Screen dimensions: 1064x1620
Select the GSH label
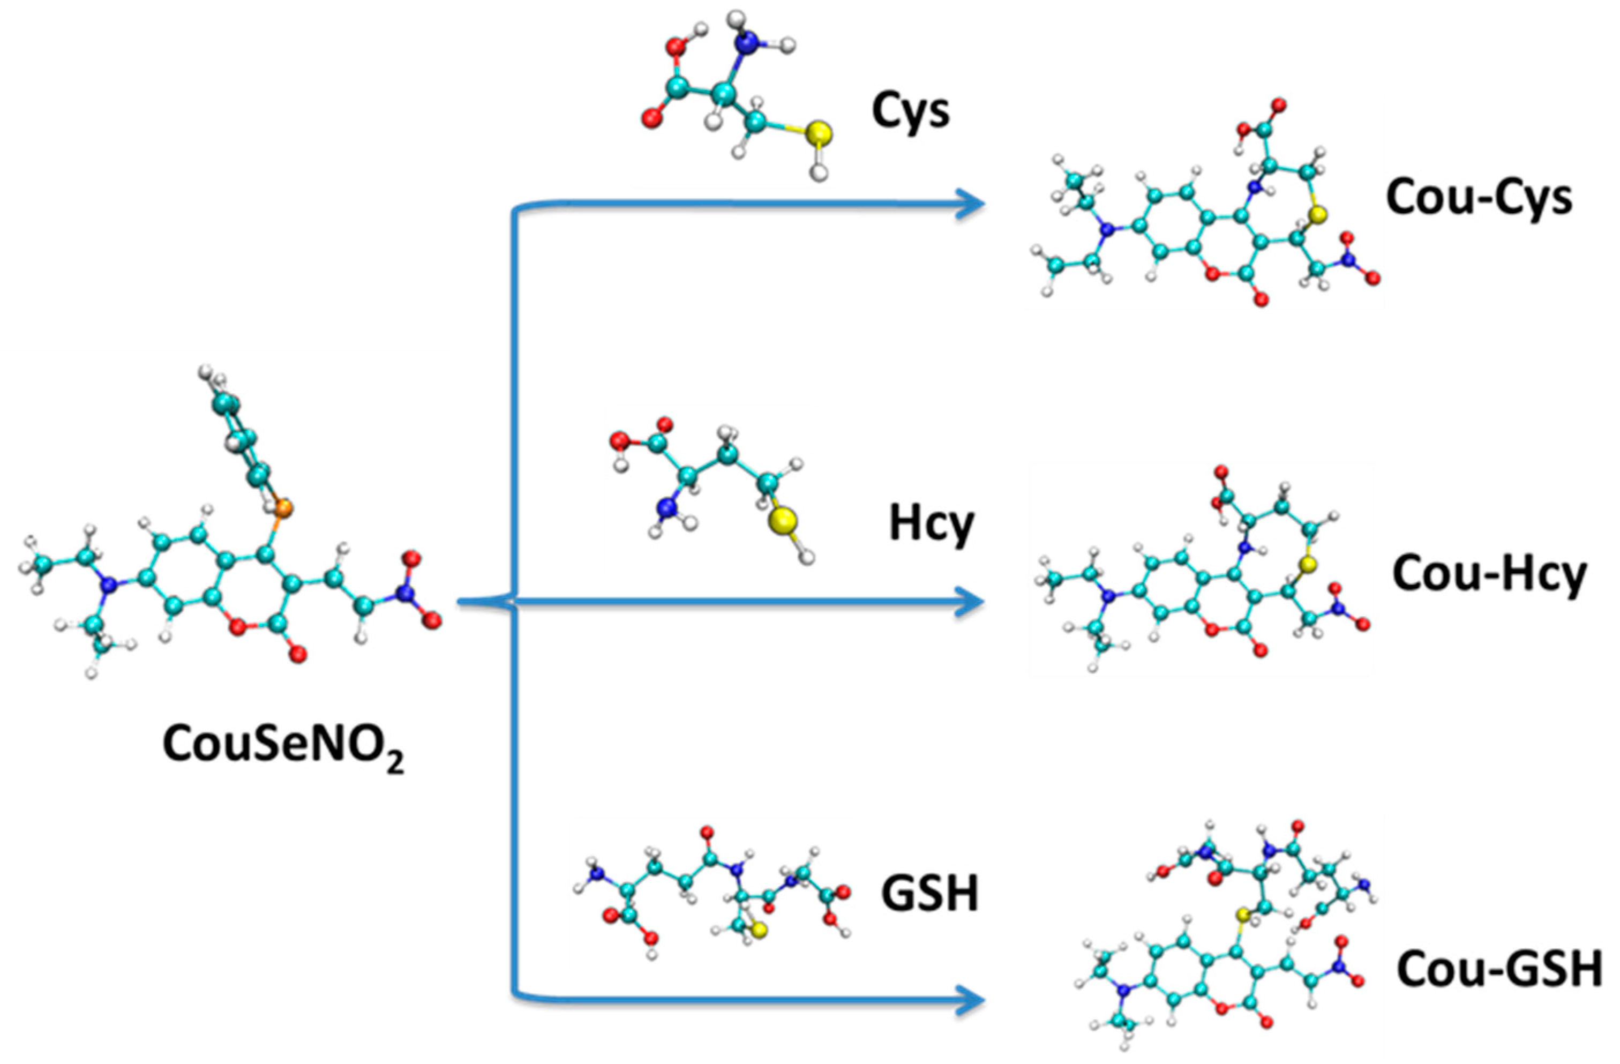[x=929, y=893]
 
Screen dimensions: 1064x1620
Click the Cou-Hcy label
[x=1489, y=574]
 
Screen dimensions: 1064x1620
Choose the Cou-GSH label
[x=1499, y=970]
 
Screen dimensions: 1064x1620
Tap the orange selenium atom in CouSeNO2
[x=284, y=507]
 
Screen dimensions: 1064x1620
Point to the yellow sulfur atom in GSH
[x=759, y=931]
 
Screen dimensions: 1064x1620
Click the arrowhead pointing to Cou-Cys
[x=970, y=203]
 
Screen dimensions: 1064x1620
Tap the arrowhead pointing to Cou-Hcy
[x=970, y=602]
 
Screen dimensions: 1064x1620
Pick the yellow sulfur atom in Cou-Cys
[x=1318, y=216]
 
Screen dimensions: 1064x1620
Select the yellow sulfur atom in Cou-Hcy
[x=1306, y=564]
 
